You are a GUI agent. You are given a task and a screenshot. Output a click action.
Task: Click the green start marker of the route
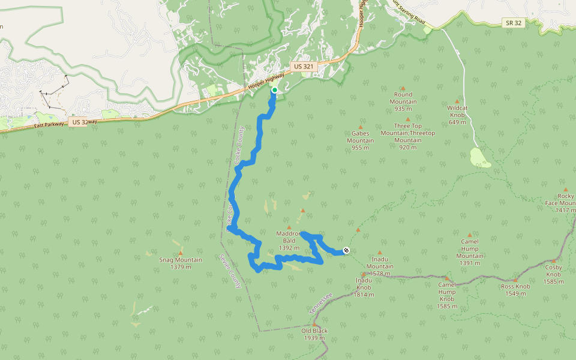[x=274, y=90]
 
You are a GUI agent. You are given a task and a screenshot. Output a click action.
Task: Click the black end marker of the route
[x=346, y=250]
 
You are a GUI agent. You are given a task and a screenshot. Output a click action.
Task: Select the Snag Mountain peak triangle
[x=179, y=253]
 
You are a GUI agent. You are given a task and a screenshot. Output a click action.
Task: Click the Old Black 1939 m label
[x=315, y=334]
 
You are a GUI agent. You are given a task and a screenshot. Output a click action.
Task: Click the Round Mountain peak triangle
[x=403, y=88]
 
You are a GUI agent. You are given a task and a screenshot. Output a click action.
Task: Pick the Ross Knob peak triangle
[x=515, y=280]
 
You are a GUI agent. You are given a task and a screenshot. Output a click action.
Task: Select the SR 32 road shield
[x=511, y=22]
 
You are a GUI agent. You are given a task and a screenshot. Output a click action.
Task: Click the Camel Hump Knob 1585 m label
[x=447, y=295]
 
